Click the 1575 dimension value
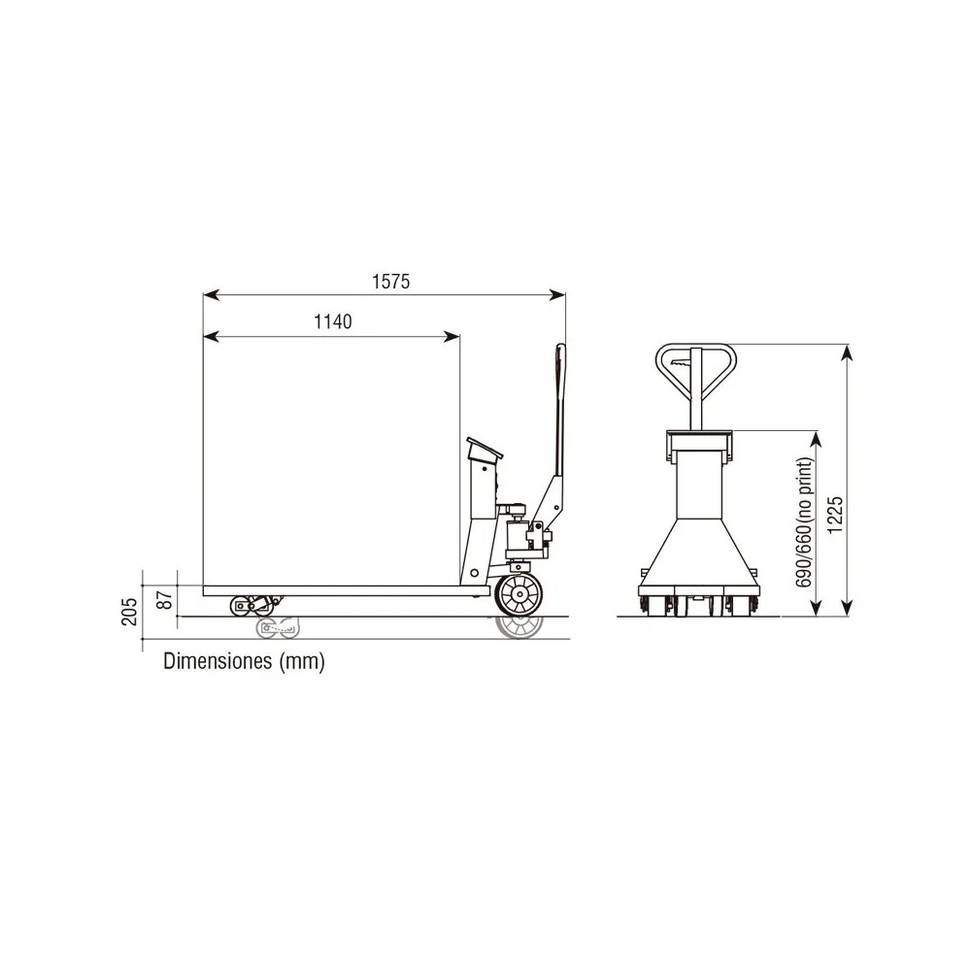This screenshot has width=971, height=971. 390,282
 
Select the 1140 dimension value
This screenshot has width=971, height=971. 333,322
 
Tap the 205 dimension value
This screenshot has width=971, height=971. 129,611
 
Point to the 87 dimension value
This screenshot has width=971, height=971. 165,599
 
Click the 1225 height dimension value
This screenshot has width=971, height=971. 835,515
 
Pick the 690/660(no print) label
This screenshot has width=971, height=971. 804,522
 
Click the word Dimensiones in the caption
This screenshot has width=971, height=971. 218,660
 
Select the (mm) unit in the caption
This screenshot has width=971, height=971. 302,662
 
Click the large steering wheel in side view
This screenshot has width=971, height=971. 519,595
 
